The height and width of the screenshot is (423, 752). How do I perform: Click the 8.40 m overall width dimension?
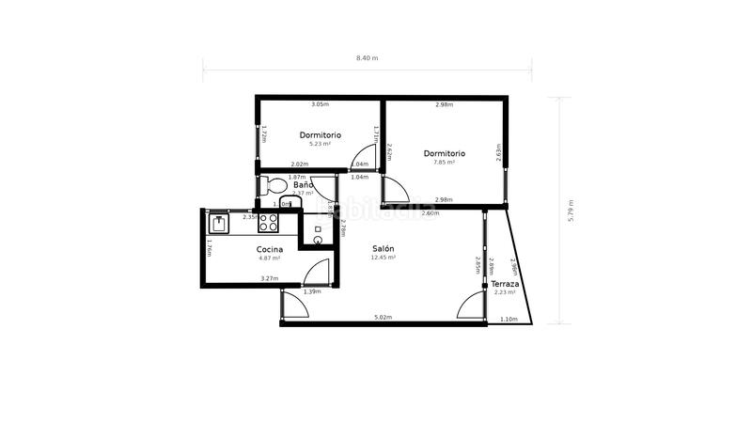[367, 58]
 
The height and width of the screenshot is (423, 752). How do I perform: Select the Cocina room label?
[270, 249]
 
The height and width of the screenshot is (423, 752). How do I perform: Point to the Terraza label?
[506, 283]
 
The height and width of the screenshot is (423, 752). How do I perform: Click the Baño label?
[303, 185]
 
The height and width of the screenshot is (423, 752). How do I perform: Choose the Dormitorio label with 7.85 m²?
[444, 153]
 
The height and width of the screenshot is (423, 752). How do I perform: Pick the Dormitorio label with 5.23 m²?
[321, 135]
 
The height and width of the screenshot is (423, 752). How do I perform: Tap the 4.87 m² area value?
[270, 258]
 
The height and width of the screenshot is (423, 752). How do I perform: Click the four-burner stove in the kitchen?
[269, 223]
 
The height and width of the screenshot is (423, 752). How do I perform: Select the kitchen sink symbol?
[220, 223]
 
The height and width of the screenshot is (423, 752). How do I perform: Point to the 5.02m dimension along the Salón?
[383, 318]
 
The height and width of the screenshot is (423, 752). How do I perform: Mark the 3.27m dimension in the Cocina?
[270, 278]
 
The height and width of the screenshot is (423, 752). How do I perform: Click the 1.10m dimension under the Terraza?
[509, 319]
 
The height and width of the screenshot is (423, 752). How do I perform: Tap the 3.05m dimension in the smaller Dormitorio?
[320, 104]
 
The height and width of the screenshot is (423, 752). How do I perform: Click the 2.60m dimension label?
[430, 214]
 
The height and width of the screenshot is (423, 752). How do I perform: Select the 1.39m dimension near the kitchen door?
[312, 291]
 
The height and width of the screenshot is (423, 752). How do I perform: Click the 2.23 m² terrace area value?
[505, 292]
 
